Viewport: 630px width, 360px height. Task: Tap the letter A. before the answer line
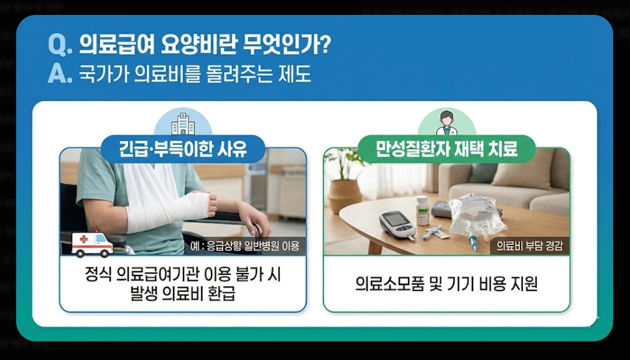click(60, 75)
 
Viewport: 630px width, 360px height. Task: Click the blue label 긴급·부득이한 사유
click(183, 150)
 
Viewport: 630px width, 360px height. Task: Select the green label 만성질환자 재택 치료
click(447, 150)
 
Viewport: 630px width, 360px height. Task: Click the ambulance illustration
click(92, 244)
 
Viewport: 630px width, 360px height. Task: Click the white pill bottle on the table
click(422, 210)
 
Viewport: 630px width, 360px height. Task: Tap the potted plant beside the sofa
click(345, 180)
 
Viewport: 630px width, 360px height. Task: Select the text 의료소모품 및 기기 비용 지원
click(446, 284)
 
